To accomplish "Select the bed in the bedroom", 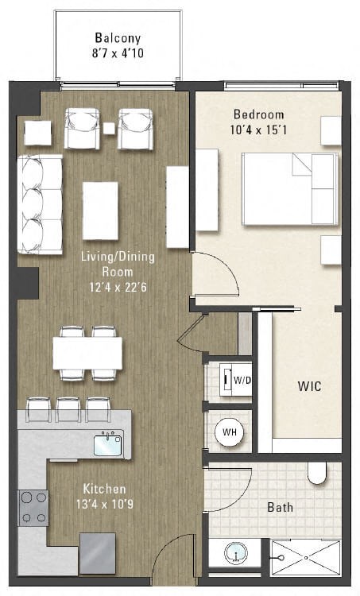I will [x=289, y=188].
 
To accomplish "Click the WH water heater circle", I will [x=229, y=433].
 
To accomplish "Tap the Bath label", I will [x=279, y=507].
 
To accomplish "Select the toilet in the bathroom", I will [x=317, y=474].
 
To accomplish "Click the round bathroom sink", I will [x=235, y=551].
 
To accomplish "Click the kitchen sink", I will [x=107, y=444].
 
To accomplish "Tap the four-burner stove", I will [x=33, y=508].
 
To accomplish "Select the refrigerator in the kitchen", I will [x=96, y=551].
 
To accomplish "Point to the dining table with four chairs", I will [x=87, y=354].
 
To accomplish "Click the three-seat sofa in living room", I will [x=41, y=204].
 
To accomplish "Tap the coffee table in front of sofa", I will [x=100, y=211].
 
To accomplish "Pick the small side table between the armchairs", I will [x=109, y=129].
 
